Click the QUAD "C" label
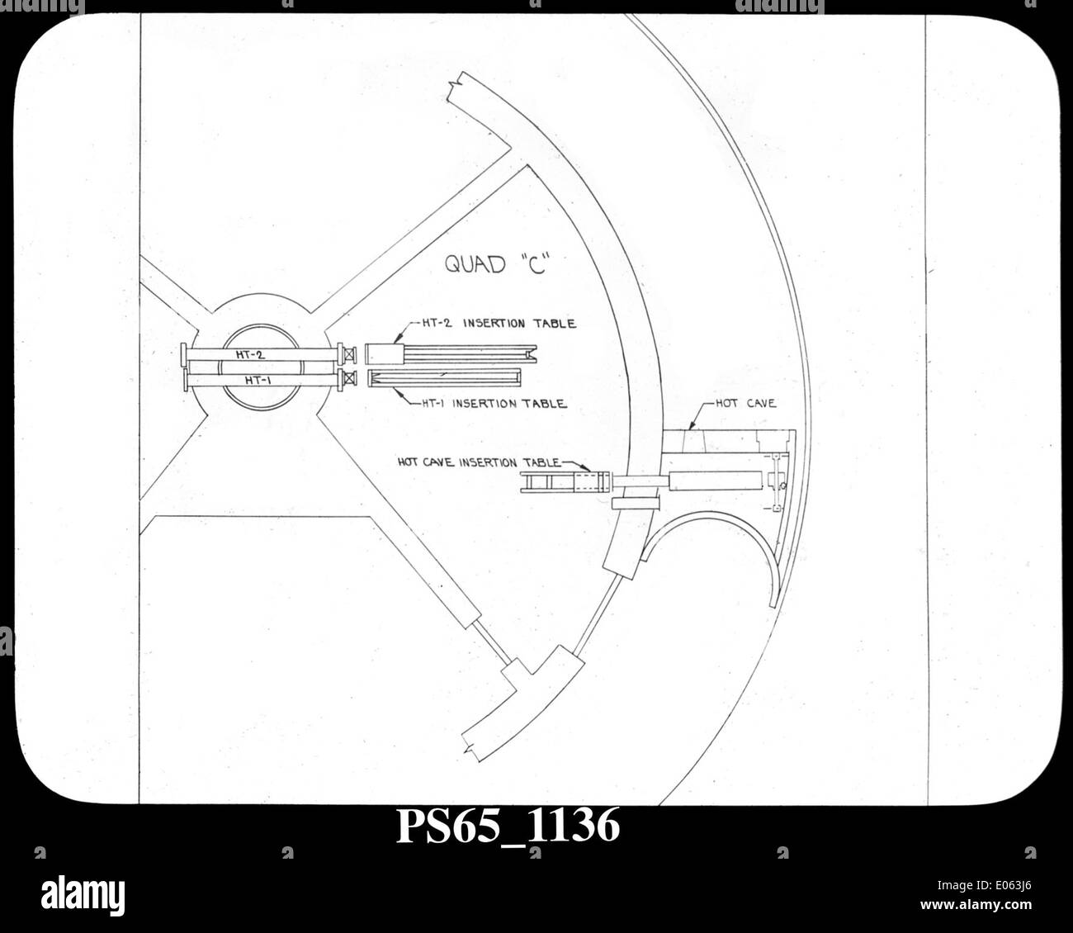495,263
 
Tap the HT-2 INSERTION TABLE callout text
499,323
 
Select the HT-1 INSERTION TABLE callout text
494,403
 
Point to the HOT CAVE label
746,403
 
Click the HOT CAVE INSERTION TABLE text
480,462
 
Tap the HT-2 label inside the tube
250,355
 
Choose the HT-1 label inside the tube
258,380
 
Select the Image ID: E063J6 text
985,885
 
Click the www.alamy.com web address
976,905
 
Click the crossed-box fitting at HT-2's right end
350,354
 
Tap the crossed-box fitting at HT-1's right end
350,378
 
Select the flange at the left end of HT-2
183,355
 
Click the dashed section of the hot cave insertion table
591,482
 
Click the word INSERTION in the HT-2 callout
494,323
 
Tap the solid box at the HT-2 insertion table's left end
385,354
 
